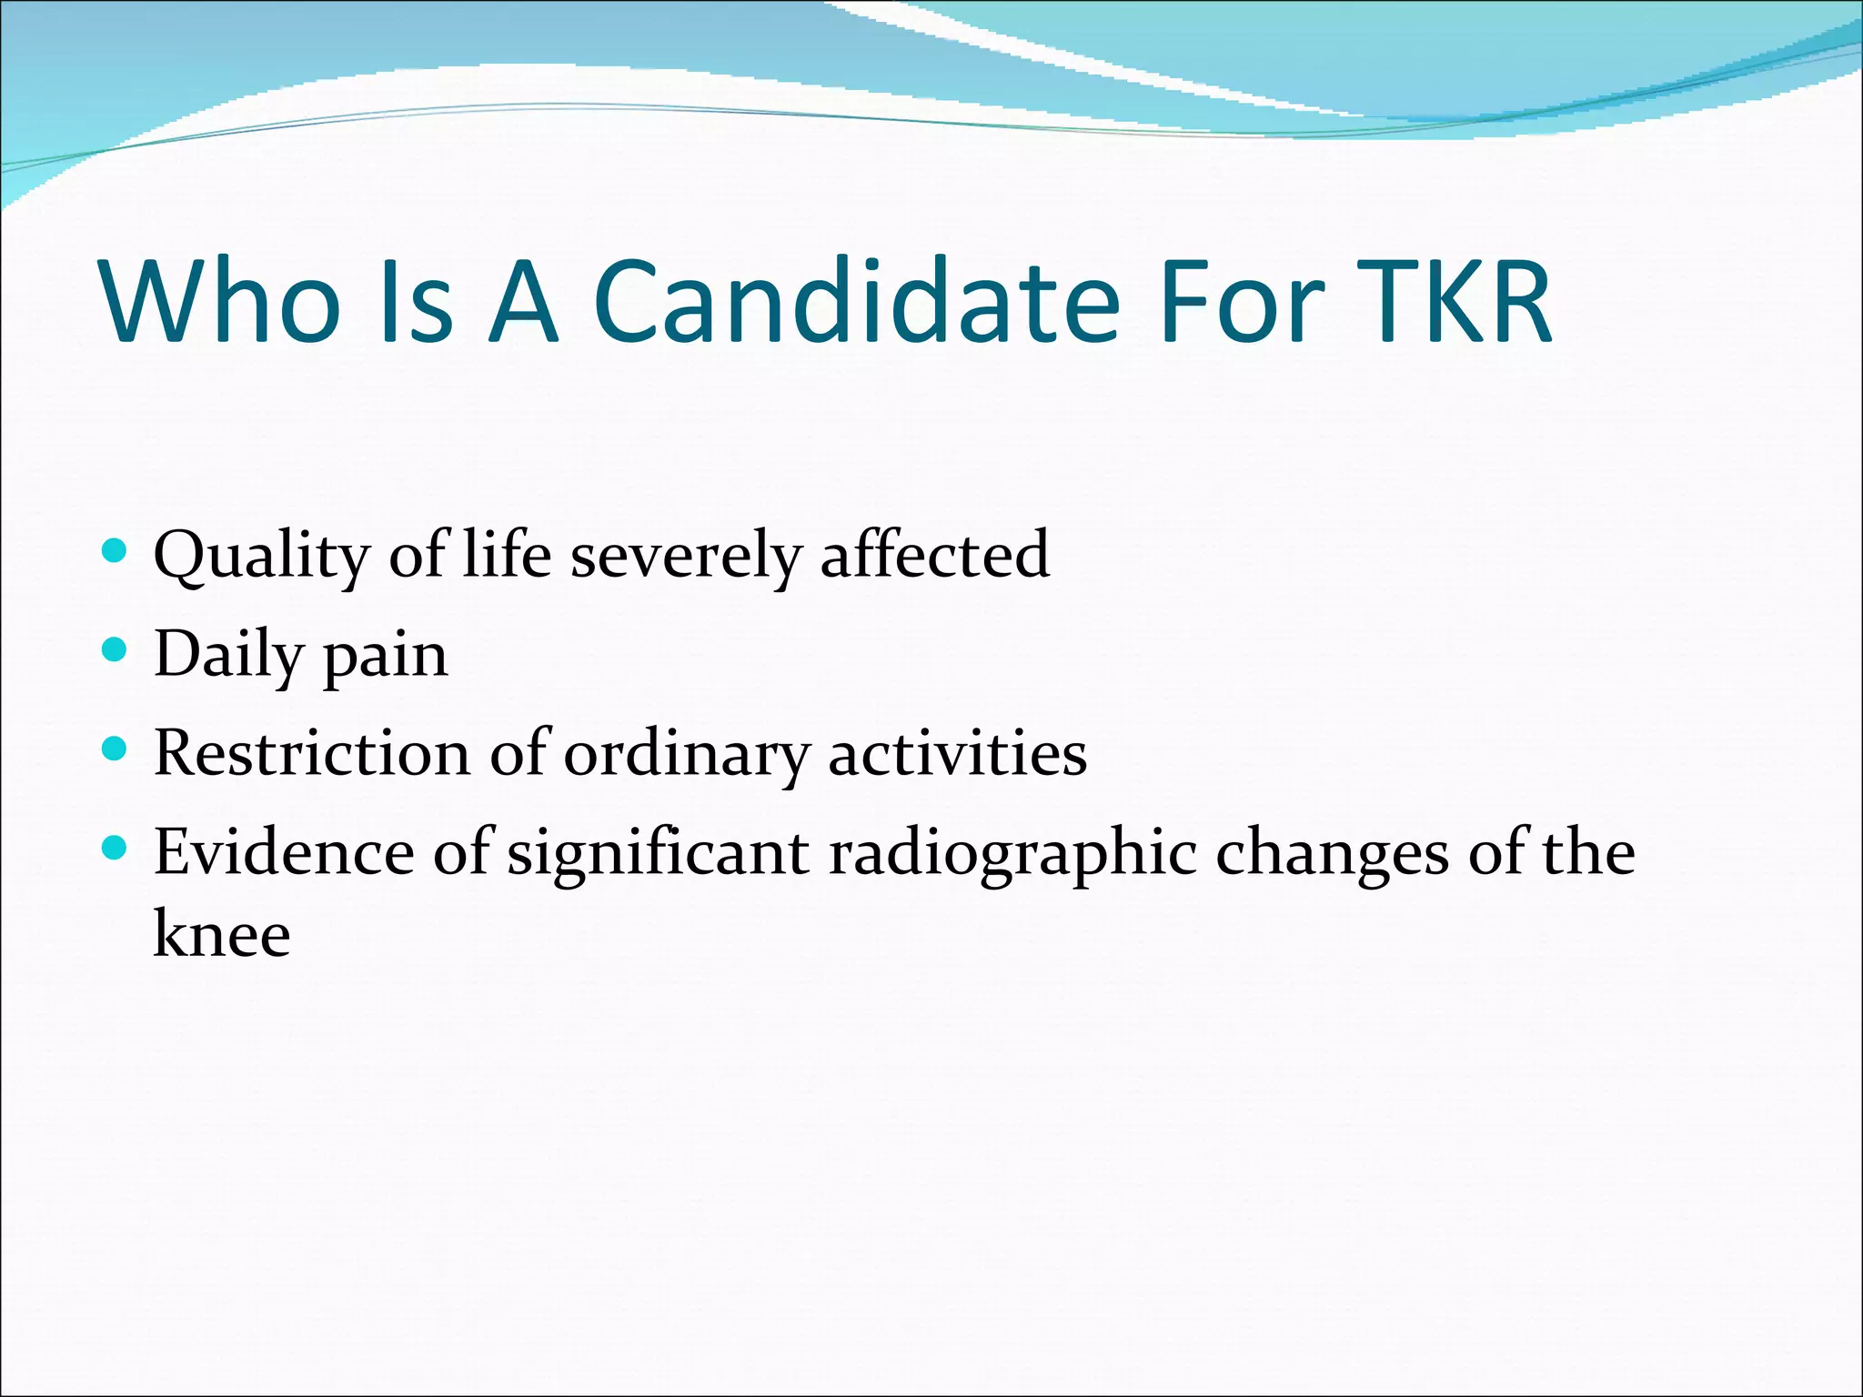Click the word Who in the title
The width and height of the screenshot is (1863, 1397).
(222, 302)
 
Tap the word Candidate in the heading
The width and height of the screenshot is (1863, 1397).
(855, 302)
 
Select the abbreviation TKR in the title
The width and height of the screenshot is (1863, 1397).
(1448, 302)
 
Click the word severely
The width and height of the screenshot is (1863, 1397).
(686, 556)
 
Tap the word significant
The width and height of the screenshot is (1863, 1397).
(658, 855)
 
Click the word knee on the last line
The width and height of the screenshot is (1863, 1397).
(221, 934)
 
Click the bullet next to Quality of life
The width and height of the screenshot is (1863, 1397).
(115, 549)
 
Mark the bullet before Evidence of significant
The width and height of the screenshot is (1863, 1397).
(115, 849)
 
